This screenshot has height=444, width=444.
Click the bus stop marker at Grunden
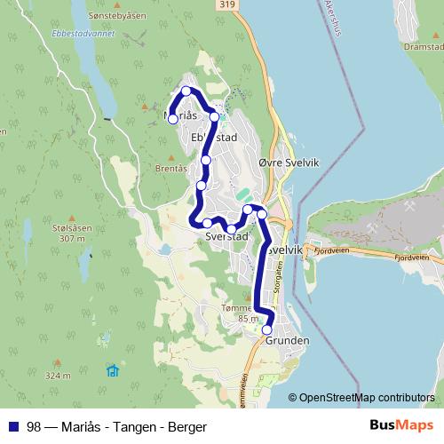pyautogui.click(x=267, y=330)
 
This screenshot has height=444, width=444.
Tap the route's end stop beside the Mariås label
pyautogui.click(x=173, y=119)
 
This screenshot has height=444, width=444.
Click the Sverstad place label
pyautogui.click(x=225, y=237)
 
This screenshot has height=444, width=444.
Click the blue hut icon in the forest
pyautogui.click(x=112, y=370)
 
